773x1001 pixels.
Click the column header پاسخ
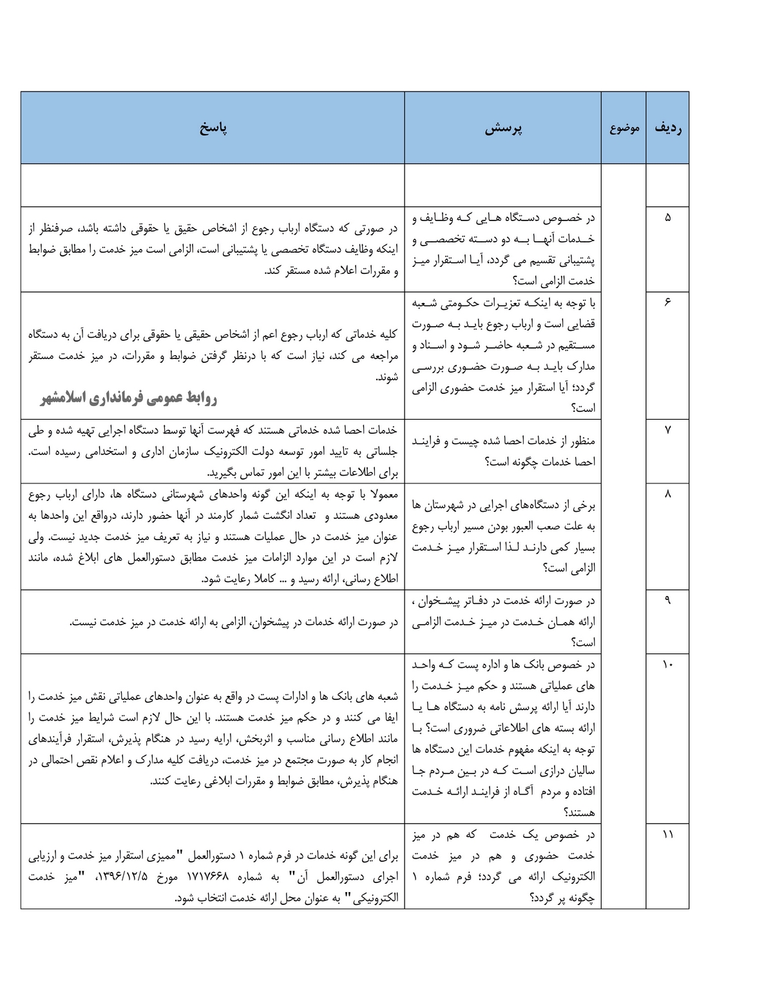(x=213, y=128)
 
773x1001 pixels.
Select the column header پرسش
(x=503, y=128)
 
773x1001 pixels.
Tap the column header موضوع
(x=624, y=128)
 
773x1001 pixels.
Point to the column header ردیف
(x=668, y=128)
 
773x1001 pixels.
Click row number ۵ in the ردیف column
(x=667, y=217)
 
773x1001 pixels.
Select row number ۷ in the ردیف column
(x=667, y=430)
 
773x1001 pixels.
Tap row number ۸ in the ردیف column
(x=667, y=494)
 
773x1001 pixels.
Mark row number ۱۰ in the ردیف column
(x=667, y=664)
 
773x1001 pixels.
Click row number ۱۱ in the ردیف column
(x=667, y=835)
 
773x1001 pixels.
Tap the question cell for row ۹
(x=503, y=621)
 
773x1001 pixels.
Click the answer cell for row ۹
(x=213, y=621)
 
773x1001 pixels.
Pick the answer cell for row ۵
(x=213, y=249)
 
